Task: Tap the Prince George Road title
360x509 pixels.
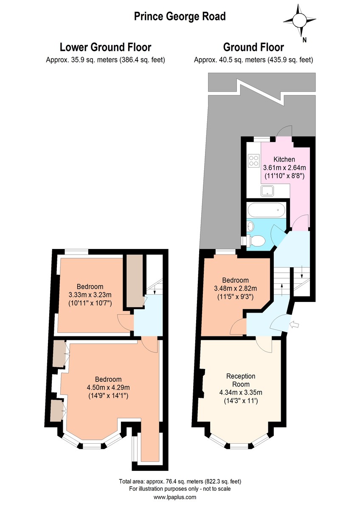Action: [180, 17]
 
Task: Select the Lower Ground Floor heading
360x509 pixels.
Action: [105, 47]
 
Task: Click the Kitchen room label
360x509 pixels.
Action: [284, 159]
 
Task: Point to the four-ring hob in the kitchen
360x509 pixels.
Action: [254, 160]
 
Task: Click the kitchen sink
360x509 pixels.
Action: [268, 190]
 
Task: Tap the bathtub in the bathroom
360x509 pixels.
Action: [266, 210]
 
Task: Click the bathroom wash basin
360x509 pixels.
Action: [250, 226]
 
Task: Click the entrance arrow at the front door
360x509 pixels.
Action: [295, 325]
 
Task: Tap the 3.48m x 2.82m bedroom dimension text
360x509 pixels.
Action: [235, 288]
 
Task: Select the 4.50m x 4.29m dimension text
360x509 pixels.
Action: [108, 387]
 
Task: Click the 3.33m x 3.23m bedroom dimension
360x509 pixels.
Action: [90, 295]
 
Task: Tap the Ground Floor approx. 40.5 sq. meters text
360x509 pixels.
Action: [253, 60]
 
